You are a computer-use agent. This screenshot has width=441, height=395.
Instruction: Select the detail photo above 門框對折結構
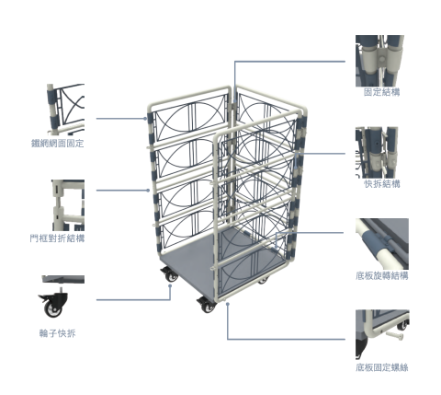point(67,204)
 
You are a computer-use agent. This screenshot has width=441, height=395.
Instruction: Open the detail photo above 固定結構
point(379,61)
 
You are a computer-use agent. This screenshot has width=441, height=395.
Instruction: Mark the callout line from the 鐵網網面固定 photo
point(119,118)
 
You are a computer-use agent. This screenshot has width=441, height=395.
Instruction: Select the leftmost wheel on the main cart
point(169,275)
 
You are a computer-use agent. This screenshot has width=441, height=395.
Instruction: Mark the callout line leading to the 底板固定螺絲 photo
point(285,339)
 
